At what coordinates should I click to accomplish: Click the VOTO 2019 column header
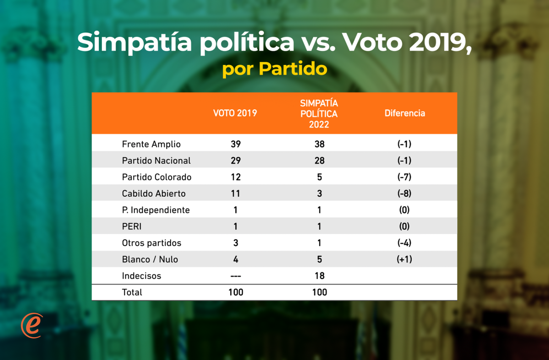pyautogui.click(x=235, y=113)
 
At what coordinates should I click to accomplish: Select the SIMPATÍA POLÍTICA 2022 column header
pyautogui.click(x=319, y=113)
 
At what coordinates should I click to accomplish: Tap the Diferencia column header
pyautogui.click(x=404, y=113)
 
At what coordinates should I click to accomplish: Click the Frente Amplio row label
pyautogui.click(x=151, y=144)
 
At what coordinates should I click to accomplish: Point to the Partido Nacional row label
pyautogui.click(x=156, y=161)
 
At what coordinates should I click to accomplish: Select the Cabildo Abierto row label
pyautogui.click(x=154, y=193)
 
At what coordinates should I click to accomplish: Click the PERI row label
pyautogui.click(x=132, y=226)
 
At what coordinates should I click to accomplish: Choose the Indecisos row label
pyautogui.click(x=141, y=276)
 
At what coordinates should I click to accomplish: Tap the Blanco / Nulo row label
pyautogui.click(x=150, y=259)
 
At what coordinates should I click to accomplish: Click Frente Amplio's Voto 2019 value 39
pyautogui.click(x=236, y=144)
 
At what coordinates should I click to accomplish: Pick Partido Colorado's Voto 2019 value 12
pyautogui.click(x=236, y=177)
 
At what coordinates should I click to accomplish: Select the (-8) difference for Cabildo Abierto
pyautogui.click(x=404, y=193)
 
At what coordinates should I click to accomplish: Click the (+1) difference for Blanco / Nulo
pyautogui.click(x=404, y=259)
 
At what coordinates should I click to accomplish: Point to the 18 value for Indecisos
pyautogui.click(x=319, y=276)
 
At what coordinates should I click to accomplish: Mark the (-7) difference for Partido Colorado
pyautogui.click(x=404, y=177)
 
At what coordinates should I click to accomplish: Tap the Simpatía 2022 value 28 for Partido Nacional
pyautogui.click(x=319, y=161)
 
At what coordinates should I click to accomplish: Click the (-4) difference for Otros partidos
pyautogui.click(x=404, y=243)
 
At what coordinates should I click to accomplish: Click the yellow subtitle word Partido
pyautogui.click(x=293, y=69)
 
